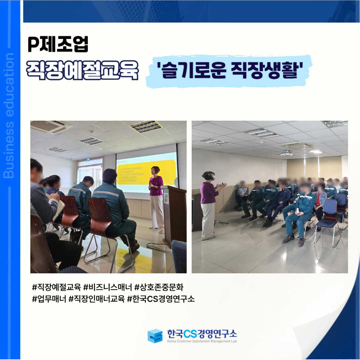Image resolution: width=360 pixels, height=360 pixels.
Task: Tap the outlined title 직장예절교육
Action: click(x=82, y=70)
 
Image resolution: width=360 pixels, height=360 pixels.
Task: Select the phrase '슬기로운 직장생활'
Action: click(x=230, y=70)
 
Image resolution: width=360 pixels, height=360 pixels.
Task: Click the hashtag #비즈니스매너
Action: click(x=107, y=287)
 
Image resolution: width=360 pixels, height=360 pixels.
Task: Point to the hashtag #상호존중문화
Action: click(x=159, y=287)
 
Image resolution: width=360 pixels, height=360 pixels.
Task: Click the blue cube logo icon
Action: click(x=155, y=336)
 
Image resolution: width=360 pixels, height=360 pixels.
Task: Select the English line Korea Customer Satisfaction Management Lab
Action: click(x=202, y=341)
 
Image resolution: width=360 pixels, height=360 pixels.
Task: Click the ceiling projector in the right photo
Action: click(x=286, y=153)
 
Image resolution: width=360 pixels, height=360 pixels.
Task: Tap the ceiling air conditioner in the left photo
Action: click(x=51, y=127)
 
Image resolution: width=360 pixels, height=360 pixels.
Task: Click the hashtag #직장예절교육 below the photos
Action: click(x=56, y=287)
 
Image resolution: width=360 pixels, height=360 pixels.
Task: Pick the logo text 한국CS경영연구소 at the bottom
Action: click(x=202, y=334)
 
